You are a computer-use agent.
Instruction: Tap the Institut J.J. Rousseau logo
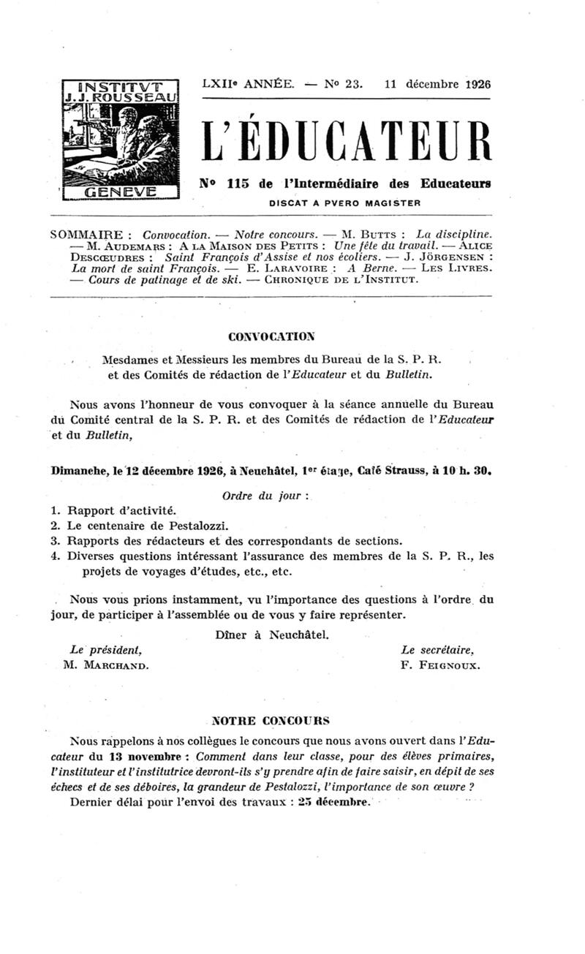[x=121, y=139]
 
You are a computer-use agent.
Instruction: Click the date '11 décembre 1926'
[x=437, y=83]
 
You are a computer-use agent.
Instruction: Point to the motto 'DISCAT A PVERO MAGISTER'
[x=344, y=202]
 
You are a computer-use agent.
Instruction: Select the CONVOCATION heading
[x=271, y=336]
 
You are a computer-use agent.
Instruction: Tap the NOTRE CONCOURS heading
[x=271, y=719]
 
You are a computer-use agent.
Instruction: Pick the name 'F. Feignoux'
[x=440, y=665]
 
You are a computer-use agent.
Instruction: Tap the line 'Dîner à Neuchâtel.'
[x=273, y=635]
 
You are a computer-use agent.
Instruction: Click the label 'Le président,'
[x=105, y=649]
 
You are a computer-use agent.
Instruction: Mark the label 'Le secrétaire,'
[x=437, y=649]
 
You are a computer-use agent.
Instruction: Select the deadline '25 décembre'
[x=334, y=801]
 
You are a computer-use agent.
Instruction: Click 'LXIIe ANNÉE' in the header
[x=248, y=83]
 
